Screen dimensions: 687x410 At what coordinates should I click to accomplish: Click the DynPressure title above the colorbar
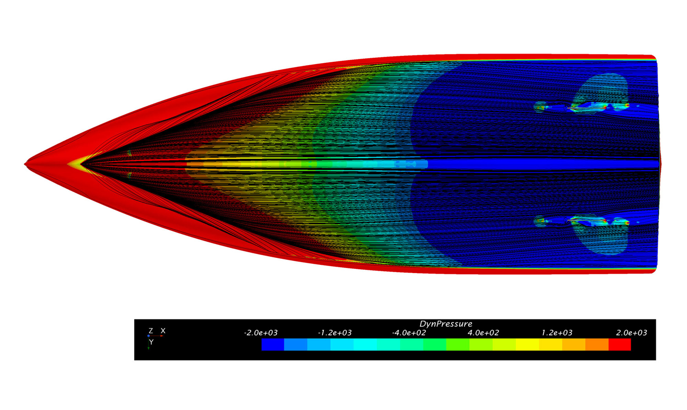[x=446, y=324]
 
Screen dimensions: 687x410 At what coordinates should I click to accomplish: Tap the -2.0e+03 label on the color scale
[x=261, y=333]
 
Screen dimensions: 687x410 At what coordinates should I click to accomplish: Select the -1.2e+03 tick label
[x=335, y=333]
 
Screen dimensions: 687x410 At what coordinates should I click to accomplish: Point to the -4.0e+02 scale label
[x=409, y=333]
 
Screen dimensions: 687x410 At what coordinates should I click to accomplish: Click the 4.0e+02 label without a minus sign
[x=483, y=333]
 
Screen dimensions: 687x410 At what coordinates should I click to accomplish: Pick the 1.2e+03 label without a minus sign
[x=557, y=333]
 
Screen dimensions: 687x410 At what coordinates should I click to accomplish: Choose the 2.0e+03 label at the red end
[x=632, y=333]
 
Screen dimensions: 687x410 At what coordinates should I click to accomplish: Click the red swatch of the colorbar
[x=620, y=344]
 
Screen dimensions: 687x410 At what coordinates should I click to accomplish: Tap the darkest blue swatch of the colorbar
[x=273, y=344]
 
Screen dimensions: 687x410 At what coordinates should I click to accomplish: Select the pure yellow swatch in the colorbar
[x=527, y=344]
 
